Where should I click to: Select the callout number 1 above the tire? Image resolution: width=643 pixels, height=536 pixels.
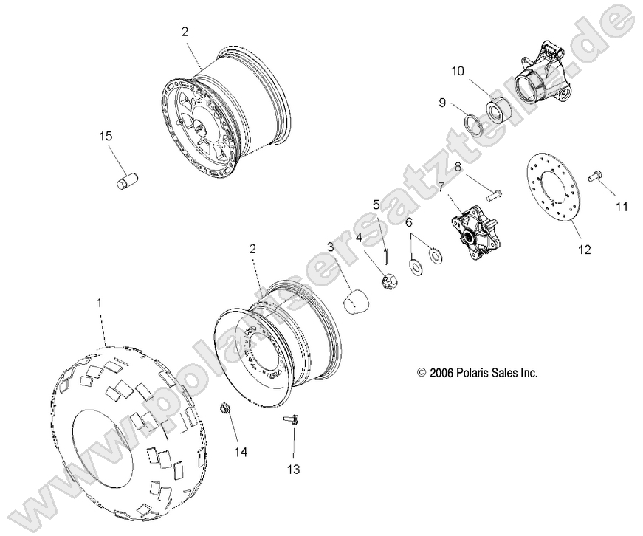point(100,302)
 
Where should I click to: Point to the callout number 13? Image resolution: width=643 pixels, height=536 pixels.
point(294,468)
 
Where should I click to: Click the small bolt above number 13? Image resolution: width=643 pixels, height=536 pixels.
point(292,421)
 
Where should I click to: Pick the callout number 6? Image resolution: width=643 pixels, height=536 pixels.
point(408,222)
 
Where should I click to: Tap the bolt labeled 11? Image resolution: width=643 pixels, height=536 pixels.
point(596,177)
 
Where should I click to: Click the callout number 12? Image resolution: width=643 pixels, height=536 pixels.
point(585,250)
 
